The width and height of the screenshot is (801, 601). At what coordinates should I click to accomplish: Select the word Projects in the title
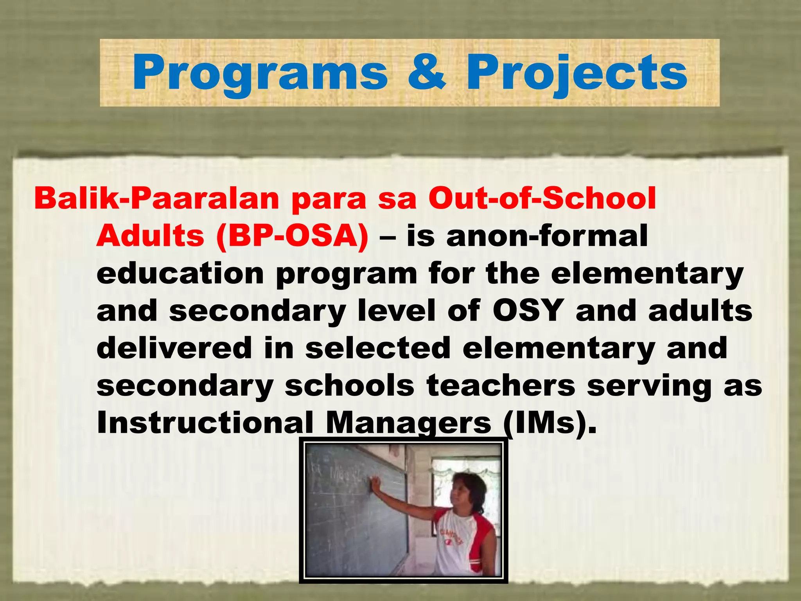coord(577,73)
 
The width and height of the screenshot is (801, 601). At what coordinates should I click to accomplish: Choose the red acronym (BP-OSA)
coord(292,236)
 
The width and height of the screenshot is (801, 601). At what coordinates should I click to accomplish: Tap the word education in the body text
coord(180,274)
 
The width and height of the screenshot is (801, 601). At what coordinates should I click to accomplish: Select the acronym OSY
coord(528,311)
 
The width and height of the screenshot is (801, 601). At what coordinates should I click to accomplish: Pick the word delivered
coord(174,348)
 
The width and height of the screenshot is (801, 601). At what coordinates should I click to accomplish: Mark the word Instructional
coord(205,423)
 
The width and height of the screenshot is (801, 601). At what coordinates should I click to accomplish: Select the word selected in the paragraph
coord(378,348)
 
